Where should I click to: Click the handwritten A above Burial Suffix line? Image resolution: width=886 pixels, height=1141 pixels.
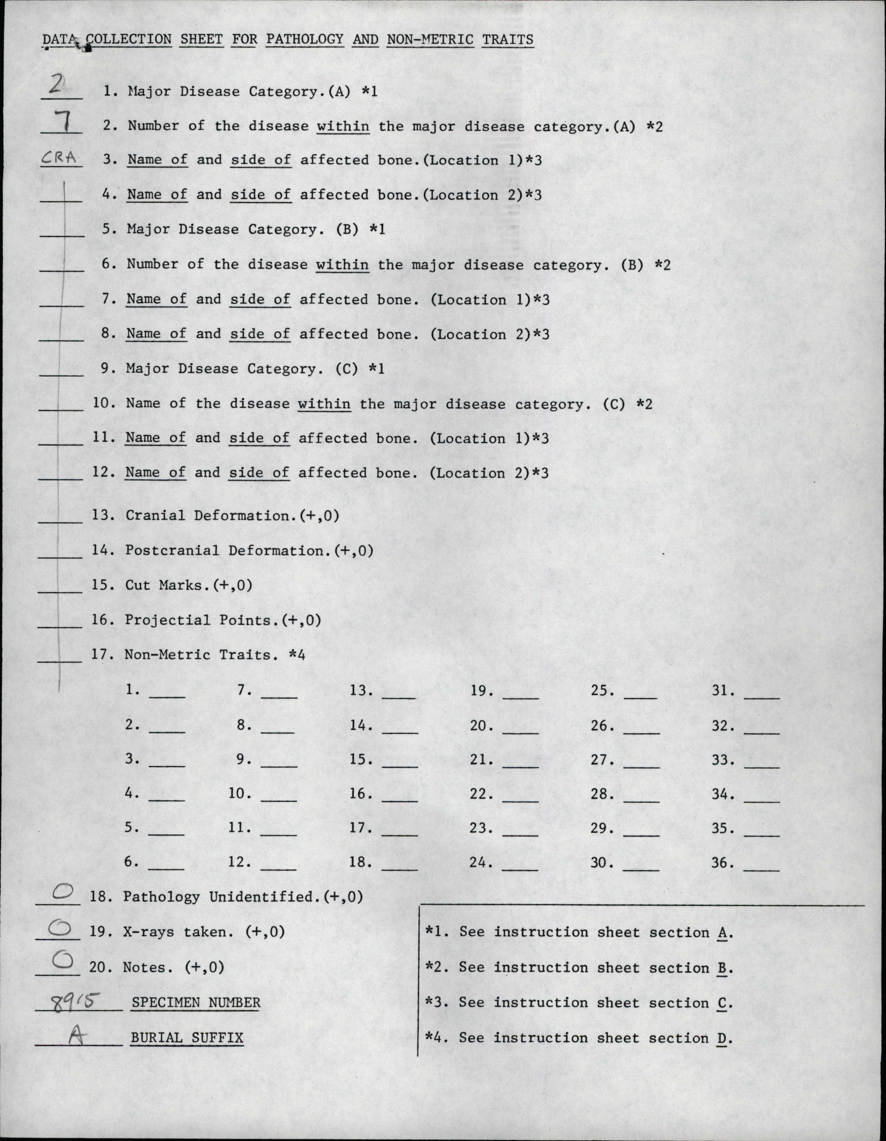click(76, 1037)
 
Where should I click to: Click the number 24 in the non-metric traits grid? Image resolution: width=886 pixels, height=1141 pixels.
click(478, 863)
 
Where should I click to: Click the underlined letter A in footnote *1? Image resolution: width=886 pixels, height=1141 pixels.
click(723, 933)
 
